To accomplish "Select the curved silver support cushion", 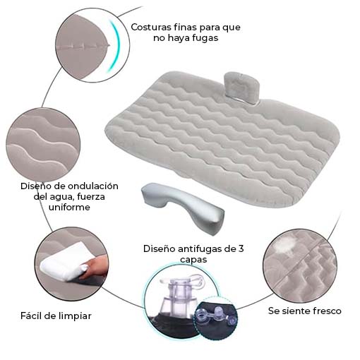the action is [183, 206].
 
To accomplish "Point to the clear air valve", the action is [179, 299].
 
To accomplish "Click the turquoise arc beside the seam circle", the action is [115, 45].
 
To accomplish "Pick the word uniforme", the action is [69, 207].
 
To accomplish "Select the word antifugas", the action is [198, 248].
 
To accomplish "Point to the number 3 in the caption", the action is [241, 248].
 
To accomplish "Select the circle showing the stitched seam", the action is [92, 45].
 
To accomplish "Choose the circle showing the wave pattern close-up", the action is [43, 145].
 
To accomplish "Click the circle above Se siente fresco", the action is [300, 266].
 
